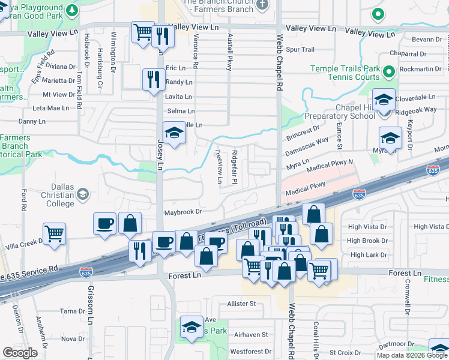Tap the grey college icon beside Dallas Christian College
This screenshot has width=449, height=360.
tap(83, 194)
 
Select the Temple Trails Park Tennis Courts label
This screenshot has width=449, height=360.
tap(345, 73)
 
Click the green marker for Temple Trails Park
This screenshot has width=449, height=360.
tap(388, 73)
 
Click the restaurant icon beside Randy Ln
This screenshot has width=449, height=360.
tap(154, 79)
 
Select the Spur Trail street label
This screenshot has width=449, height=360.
tap(300, 49)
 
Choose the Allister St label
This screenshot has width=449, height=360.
tap(241, 304)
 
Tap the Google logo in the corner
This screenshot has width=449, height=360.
tap(20, 353)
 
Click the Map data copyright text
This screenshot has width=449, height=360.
tap(412, 355)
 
